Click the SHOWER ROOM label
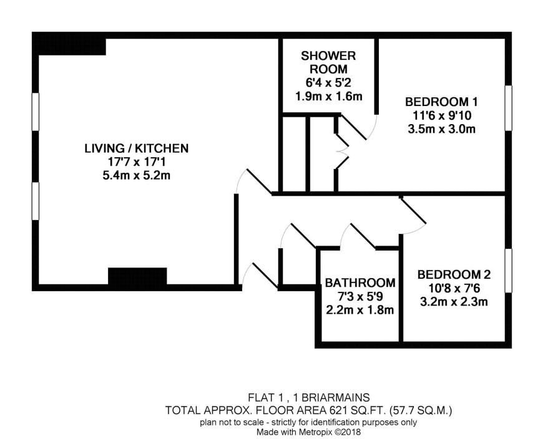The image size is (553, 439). pos(328,62)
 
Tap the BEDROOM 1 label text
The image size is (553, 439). pos(441,102)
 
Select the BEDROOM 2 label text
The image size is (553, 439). pos(454,274)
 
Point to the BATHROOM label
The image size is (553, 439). pos(360,282)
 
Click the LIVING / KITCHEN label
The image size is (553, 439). pos(137,148)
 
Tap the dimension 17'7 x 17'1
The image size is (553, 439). pos(137,162)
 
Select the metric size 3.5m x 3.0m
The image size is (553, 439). pos(441,129)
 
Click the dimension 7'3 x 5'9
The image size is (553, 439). pos(360,296)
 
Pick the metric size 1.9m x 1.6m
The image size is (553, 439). pos(329,96)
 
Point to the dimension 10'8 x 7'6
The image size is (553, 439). pos(454,288)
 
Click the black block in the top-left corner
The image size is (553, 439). pos(69,44)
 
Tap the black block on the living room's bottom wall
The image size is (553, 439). pos(137,277)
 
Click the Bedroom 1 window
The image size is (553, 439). pos(508,108)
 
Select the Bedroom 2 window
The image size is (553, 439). pos(508,271)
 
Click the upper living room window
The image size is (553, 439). pos(36,112)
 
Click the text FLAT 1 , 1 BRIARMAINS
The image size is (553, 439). pos(309,397)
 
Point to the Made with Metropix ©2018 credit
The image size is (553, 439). pos(308,432)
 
